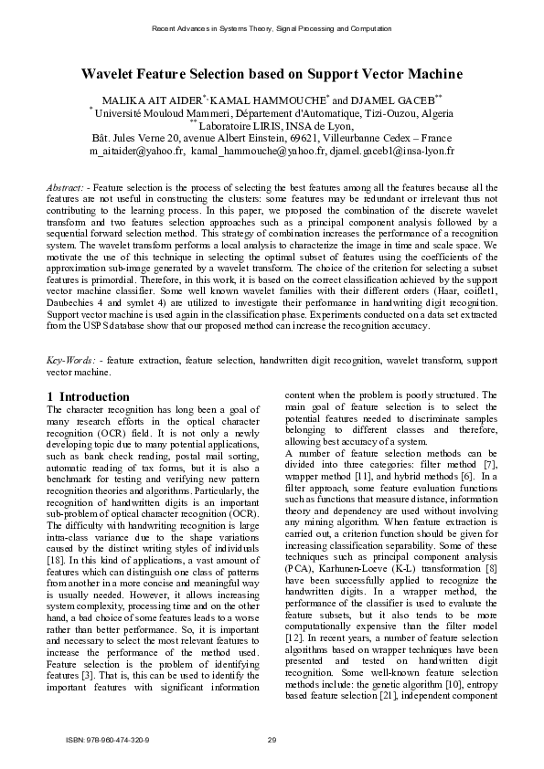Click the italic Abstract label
click(64, 187)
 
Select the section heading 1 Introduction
click(88, 396)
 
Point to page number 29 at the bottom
click(272, 738)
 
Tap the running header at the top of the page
click(272, 29)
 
